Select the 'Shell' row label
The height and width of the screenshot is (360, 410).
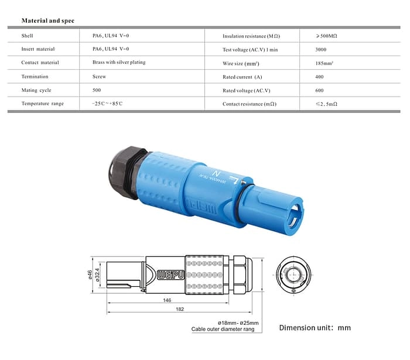pos(28,36)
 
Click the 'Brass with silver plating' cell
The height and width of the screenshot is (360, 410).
pos(119,63)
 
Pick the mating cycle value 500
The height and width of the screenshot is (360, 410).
pos(97,90)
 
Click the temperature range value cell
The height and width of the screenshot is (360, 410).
pos(107,104)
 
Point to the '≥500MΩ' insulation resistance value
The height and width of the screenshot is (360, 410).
pos(326,36)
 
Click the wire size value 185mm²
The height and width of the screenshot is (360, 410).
pos(324,63)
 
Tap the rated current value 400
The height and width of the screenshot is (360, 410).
pos(319,77)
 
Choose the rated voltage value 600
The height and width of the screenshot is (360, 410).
pos(319,90)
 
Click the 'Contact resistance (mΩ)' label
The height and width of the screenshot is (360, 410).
pos(249,104)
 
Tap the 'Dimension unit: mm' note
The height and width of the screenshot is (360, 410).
pos(315,327)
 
